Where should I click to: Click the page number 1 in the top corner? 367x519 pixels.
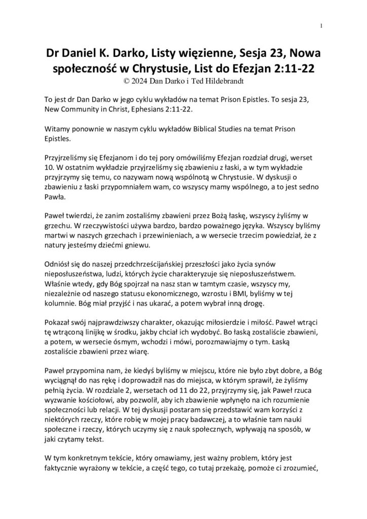tap(322, 26)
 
